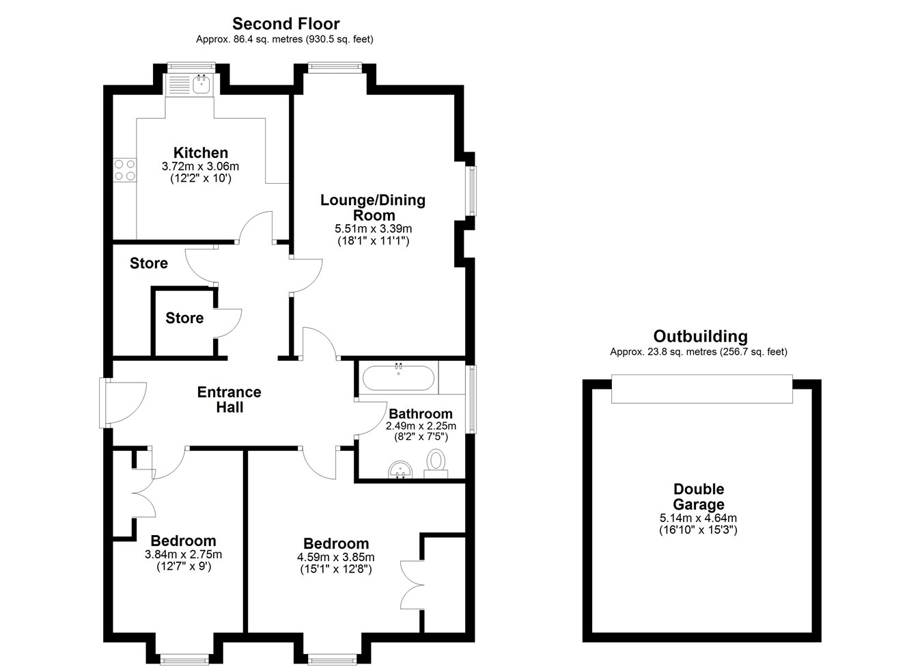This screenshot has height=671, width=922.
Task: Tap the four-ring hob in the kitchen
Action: (125, 170)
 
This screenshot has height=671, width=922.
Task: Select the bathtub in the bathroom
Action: (398, 377)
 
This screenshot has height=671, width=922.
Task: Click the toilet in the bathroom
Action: (436, 464)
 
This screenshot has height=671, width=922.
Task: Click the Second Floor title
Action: (286, 24)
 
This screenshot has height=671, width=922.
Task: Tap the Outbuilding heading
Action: (700, 336)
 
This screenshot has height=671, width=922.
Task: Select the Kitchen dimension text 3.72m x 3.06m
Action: (201, 167)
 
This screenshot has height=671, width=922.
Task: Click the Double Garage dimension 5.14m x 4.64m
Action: (698, 518)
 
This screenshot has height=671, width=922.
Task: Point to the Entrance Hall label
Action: (229, 399)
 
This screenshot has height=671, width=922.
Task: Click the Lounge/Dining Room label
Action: (373, 208)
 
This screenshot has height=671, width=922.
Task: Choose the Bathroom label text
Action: (421, 413)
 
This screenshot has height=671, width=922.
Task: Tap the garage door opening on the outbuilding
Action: (702, 388)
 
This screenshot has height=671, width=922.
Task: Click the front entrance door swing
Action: (124, 403)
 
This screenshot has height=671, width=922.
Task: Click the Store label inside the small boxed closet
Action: (184, 318)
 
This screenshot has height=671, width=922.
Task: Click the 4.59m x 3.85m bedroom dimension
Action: (336, 558)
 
